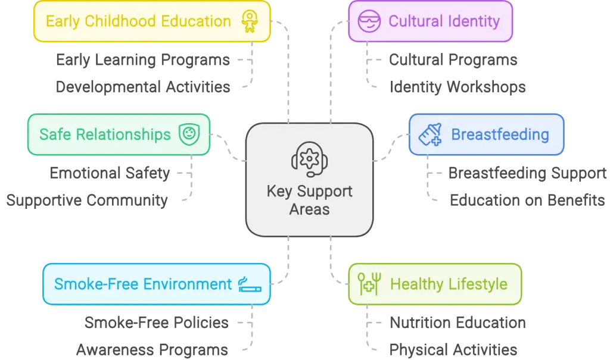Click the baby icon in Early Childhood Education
(x=250, y=21)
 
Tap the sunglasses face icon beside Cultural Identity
(x=369, y=21)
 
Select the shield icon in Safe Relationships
(x=189, y=134)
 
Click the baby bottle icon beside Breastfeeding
(x=430, y=134)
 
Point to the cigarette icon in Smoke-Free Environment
(x=250, y=284)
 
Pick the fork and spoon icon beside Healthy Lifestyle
(x=369, y=284)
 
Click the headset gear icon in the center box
(x=309, y=159)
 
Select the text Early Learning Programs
(x=143, y=60)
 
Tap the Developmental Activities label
(x=143, y=87)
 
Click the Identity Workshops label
(x=457, y=87)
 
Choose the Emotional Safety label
(x=110, y=173)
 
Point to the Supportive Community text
(x=87, y=200)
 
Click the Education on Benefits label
(x=527, y=200)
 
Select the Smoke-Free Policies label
(x=157, y=323)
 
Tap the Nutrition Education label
(x=457, y=323)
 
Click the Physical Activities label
(x=453, y=350)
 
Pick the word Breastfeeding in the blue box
(x=500, y=134)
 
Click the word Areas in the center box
(x=309, y=209)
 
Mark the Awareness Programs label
(x=152, y=350)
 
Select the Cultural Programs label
(x=453, y=60)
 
